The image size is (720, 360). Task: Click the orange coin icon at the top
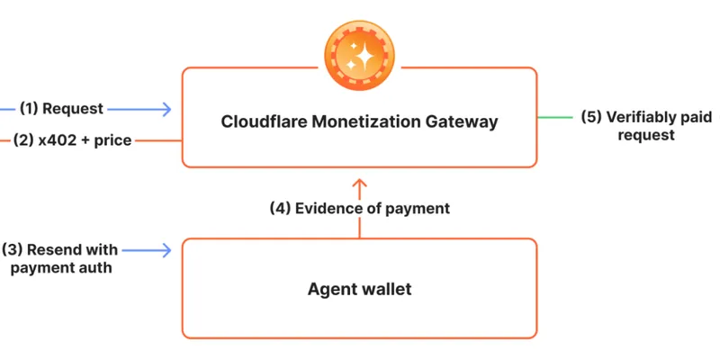(x=359, y=55)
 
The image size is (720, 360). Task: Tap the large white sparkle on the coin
(x=365, y=57)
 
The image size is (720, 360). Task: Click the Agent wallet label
(x=359, y=289)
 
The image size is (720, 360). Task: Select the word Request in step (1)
(x=73, y=109)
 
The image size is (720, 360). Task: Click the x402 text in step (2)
(x=58, y=140)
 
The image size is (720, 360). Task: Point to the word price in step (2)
(x=113, y=141)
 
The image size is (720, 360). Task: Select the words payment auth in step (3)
(x=61, y=267)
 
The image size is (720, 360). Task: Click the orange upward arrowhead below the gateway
(x=359, y=184)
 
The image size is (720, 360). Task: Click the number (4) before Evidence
(x=280, y=209)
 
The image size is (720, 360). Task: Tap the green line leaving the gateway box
(x=554, y=118)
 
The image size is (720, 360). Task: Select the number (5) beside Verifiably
(x=591, y=117)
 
